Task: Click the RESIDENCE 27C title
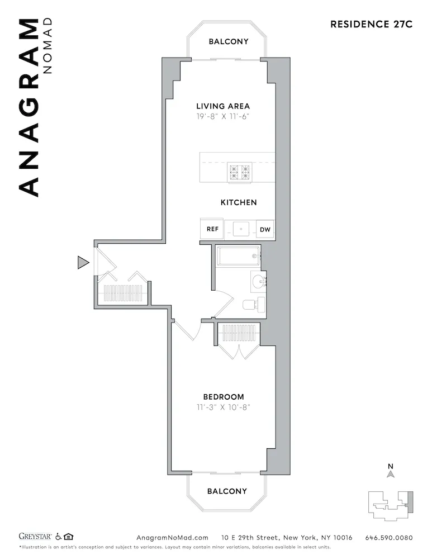click(371, 24)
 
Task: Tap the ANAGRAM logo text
click(30, 107)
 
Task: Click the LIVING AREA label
click(223, 106)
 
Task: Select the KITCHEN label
click(239, 202)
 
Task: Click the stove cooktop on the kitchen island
click(239, 172)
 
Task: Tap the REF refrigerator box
click(212, 229)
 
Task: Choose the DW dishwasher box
click(264, 229)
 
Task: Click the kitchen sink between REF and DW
click(240, 229)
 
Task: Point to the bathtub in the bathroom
click(239, 257)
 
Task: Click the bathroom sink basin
click(259, 281)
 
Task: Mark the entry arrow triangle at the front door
click(83, 262)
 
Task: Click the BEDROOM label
click(223, 397)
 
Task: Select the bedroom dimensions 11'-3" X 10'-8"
click(223, 408)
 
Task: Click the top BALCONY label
click(229, 41)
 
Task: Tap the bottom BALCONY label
click(227, 491)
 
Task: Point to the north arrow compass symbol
click(391, 473)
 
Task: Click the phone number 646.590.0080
click(389, 538)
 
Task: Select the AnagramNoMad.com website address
click(172, 538)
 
